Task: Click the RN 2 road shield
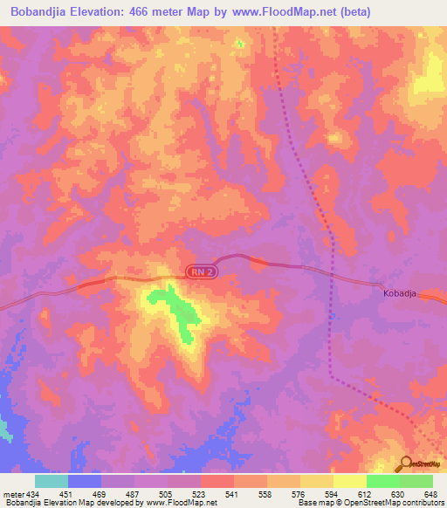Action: (x=200, y=273)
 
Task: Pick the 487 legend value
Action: (x=132, y=493)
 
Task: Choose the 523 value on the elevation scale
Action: (x=198, y=493)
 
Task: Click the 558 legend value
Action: (x=265, y=493)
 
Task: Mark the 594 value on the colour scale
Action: (x=332, y=493)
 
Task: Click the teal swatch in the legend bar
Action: (x=52, y=481)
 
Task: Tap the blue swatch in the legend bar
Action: (x=85, y=481)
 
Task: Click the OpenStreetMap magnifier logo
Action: (x=407, y=463)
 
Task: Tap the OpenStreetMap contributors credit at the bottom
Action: (x=384, y=503)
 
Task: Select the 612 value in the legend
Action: (x=365, y=493)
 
